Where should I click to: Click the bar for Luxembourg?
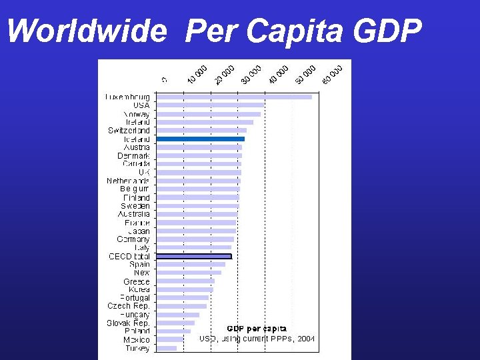pos(234,97)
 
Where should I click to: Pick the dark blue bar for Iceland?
pos(201,139)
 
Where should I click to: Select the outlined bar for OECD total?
pos(194,256)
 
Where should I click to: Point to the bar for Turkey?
pos(167,348)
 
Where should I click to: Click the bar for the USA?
pos(210,105)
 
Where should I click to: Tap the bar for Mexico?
pos(170,339)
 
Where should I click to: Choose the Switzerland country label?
pos(129,131)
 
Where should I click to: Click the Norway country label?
pos(136,114)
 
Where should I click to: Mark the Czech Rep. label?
pos(128,306)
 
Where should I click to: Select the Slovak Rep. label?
pos(128,323)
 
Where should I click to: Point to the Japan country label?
pos(139,231)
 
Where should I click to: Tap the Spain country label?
pos(139,264)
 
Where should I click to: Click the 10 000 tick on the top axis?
pos(197,75)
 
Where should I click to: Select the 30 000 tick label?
pos(251,75)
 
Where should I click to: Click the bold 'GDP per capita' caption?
pos(257,329)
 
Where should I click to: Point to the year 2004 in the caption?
pos(306,338)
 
